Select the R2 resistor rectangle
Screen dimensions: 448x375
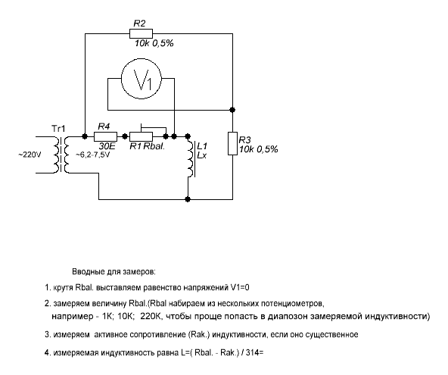coord(142,33)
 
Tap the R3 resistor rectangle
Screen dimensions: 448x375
coord(232,144)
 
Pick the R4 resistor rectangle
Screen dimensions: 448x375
coord(105,136)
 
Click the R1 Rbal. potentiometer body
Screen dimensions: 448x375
coord(142,136)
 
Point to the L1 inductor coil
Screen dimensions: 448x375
coord(191,158)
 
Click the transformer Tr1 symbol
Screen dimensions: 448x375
coord(61,155)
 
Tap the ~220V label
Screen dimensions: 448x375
coord(30,155)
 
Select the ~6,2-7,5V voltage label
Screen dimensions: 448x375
coord(92,155)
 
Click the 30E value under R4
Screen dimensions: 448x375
coord(107,146)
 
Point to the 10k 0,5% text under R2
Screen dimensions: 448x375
coord(154,43)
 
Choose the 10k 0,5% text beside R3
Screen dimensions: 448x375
coord(259,149)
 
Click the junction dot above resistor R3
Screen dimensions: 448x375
coord(232,110)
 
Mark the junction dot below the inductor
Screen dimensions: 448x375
coord(188,199)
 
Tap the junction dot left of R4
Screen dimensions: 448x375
coord(85,136)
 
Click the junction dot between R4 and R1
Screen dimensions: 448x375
coord(125,136)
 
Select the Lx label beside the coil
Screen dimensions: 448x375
coord(202,155)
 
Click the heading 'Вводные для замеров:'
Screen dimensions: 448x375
coord(114,271)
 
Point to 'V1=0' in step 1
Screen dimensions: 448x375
coord(240,287)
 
